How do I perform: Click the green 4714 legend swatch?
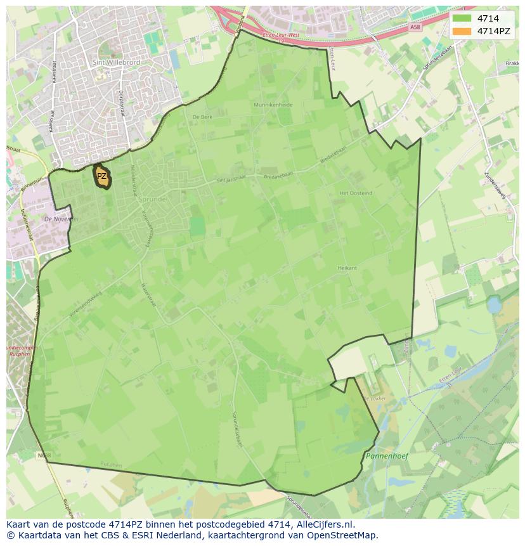coord(462,18)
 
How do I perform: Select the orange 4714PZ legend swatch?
coord(462,31)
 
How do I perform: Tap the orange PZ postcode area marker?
coord(101,177)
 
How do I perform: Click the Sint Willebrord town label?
coord(116,63)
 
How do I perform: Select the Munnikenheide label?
coord(273,105)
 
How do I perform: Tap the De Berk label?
coord(202,117)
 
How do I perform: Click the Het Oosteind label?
coord(355,193)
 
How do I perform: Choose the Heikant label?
coord(347,268)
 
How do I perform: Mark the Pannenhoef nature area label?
coord(387,456)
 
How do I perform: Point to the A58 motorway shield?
coord(415,27)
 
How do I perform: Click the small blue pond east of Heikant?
coord(494,306)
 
